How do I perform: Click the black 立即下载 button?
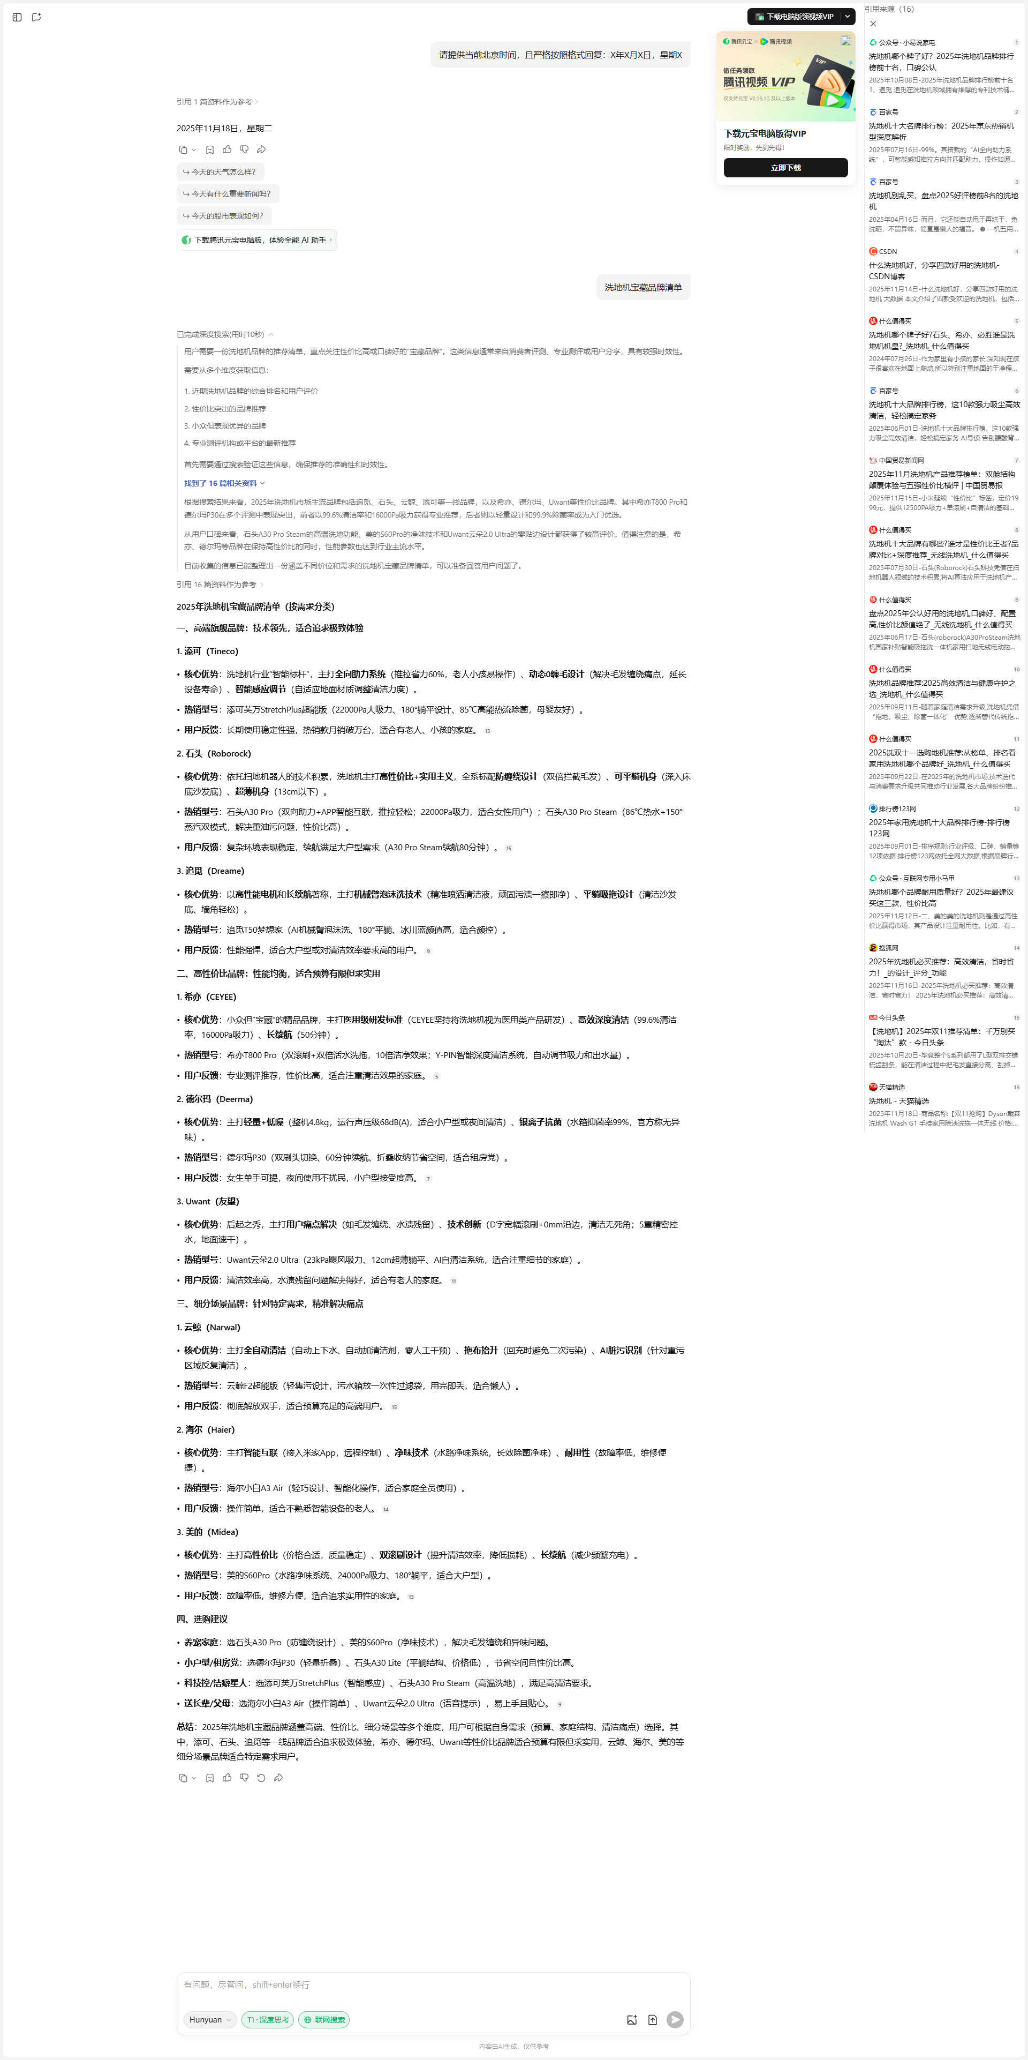point(785,167)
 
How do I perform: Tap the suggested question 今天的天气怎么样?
point(220,172)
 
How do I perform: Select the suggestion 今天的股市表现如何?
point(223,216)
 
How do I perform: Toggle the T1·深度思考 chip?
point(268,2019)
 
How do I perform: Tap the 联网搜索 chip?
point(324,2019)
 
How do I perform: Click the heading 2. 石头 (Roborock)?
point(214,753)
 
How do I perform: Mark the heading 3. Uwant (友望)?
point(208,1201)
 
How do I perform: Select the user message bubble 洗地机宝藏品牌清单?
point(642,287)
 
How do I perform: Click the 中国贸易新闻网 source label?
point(901,461)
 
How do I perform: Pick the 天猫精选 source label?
point(891,1087)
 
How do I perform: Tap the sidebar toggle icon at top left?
point(17,17)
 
